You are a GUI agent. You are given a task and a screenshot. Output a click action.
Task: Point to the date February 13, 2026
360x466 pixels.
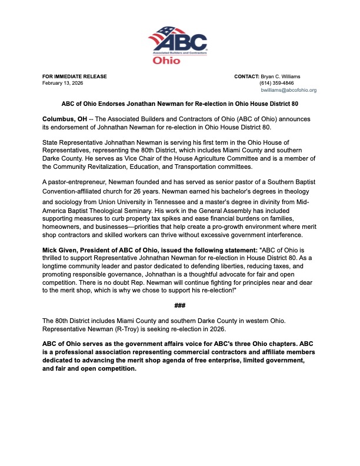[x=63, y=84]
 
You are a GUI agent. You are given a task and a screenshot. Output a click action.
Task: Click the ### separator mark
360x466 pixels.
[x=180, y=305]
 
